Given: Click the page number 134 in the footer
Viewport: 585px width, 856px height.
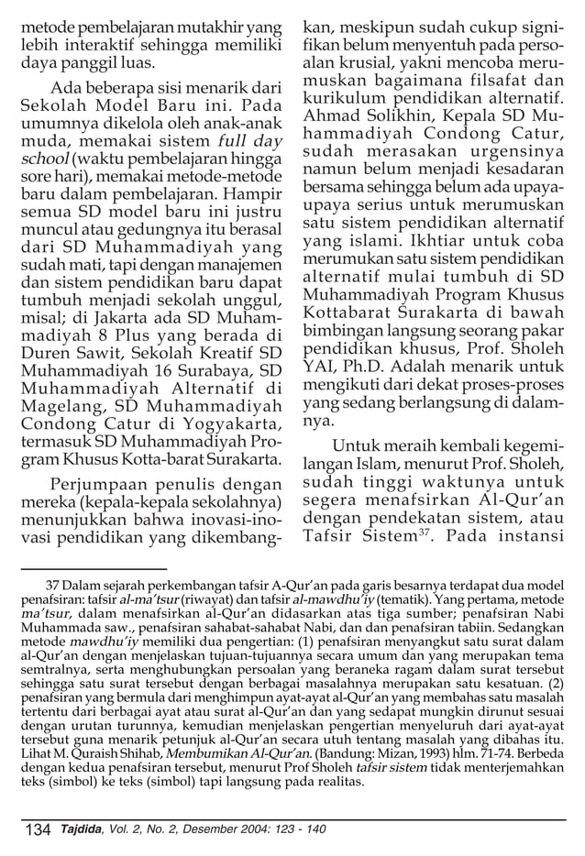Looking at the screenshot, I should click(38, 830).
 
